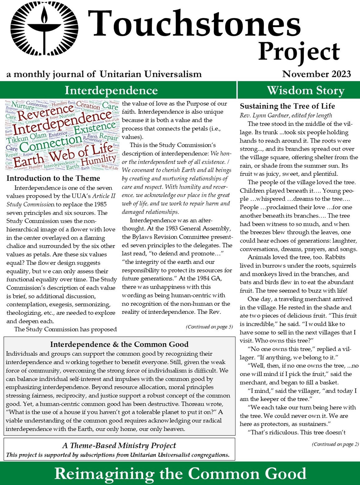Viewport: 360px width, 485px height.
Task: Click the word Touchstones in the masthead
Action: point(194,24)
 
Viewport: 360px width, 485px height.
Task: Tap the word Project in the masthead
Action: point(299,52)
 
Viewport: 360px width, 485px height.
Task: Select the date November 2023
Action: point(316,74)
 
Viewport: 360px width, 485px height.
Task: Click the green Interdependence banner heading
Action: point(111,90)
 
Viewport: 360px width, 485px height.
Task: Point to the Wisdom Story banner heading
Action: point(306,90)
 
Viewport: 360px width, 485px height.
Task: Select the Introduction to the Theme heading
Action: point(53,178)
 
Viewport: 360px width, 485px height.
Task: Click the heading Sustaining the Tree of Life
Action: point(287,106)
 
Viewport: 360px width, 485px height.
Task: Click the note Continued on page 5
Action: point(209,327)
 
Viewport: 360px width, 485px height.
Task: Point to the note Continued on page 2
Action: point(335,444)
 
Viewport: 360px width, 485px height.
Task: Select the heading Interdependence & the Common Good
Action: point(119,344)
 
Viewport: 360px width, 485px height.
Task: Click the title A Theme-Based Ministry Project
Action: point(119,445)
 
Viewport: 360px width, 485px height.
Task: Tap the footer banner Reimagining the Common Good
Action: point(180,473)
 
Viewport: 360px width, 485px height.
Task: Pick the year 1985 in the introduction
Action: point(99,204)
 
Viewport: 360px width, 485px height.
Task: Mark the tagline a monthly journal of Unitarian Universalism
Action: point(104,74)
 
